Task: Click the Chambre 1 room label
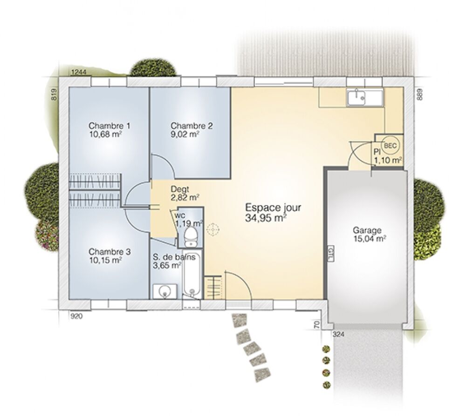[x=110, y=126]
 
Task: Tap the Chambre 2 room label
[x=192, y=126]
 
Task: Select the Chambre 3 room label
[x=110, y=252]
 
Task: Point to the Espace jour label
[x=273, y=208]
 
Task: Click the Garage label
[x=367, y=230]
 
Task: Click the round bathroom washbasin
[x=164, y=292]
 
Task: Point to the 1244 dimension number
[x=79, y=72]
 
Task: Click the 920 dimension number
[x=76, y=316]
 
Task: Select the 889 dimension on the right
[x=418, y=94]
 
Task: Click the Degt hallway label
[x=179, y=189]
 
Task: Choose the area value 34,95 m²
[x=266, y=217]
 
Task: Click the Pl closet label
[x=377, y=152]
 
